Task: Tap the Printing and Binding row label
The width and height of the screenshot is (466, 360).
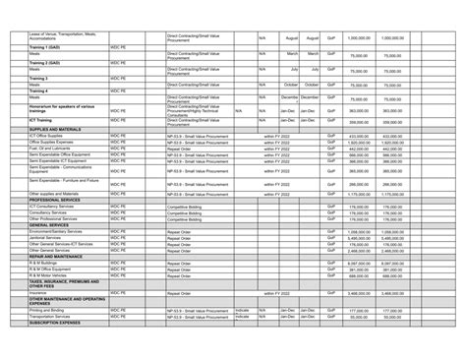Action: pos(49,310)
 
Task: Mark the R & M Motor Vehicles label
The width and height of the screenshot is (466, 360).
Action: pos(50,275)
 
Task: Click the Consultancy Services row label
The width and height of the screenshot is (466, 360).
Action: pos(50,211)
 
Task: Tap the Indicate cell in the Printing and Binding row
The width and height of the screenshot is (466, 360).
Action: pos(242,310)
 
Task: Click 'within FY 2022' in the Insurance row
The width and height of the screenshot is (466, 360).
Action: pos(283,292)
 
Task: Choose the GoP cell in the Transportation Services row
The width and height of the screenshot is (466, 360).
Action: pos(331,317)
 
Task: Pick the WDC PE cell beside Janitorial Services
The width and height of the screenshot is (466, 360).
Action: pos(119,237)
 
